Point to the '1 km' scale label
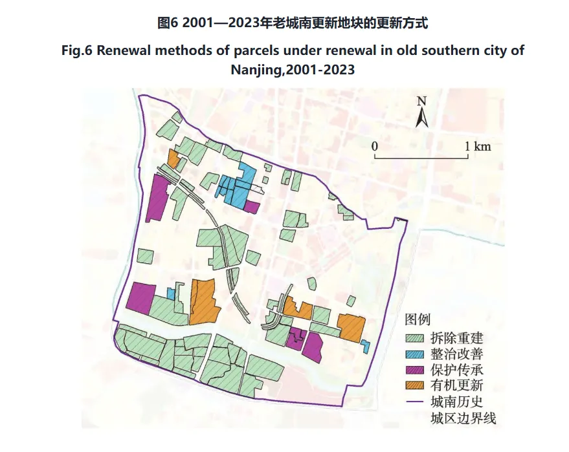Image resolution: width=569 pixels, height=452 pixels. [x=478, y=146]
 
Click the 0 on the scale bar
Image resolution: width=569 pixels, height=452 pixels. [x=374, y=146]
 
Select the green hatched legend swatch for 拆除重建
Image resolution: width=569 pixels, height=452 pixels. [x=415, y=338]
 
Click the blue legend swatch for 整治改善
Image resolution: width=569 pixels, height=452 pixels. [x=415, y=354]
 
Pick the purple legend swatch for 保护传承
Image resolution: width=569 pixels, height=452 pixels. [x=415, y=370]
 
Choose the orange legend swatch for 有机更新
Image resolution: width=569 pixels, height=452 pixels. [x=415, y=386]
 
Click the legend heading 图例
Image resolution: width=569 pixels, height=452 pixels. [x=418, y=319]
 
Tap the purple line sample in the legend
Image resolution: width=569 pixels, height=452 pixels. [x=415, y=402]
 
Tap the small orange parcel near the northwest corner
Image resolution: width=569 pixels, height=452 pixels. [x=173, y=158]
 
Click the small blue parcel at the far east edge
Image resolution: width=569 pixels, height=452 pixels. [x=366, y=346]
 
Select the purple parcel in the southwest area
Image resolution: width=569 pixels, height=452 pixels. [x=141, y=297]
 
